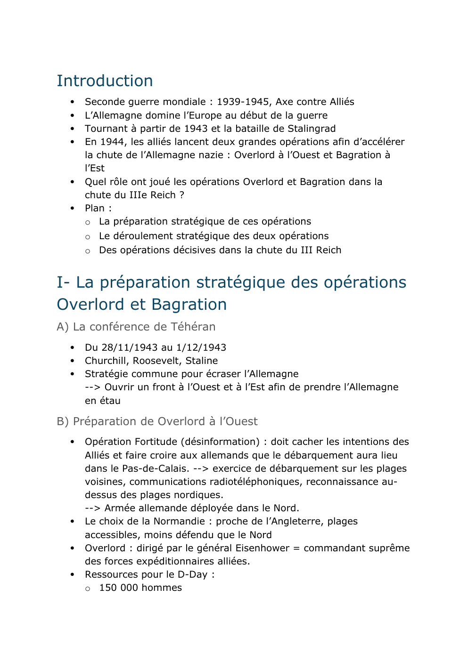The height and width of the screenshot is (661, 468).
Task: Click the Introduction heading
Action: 105,81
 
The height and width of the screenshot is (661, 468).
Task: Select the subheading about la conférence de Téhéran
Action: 136,327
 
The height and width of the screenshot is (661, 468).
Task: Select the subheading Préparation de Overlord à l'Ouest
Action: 157,421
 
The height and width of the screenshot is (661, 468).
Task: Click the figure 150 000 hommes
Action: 140,588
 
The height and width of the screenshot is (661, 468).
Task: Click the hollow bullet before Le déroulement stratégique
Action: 88,237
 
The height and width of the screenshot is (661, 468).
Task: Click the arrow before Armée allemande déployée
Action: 92,508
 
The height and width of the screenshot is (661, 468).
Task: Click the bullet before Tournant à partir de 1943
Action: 72,129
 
